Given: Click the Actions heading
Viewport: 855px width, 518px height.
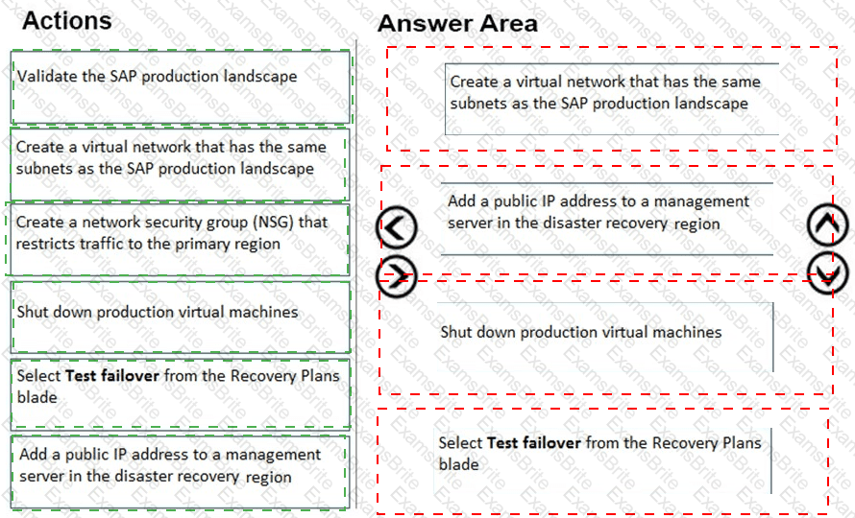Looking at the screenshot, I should coord(66,20).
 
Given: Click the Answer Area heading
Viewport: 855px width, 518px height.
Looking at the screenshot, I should coord(457,23).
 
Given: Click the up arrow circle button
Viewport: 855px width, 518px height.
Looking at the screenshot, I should coord(827,225).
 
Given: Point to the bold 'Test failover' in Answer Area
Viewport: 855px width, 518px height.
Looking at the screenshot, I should coord(534,442).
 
